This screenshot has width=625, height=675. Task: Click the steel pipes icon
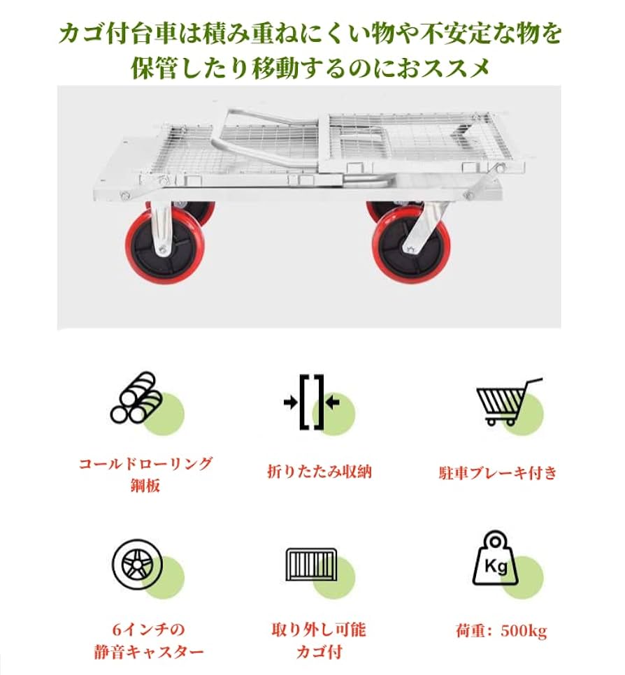[137, 400]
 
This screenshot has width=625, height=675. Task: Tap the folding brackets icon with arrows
[312, 402]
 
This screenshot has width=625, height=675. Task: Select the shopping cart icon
[507, 402]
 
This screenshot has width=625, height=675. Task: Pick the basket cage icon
[311, 563]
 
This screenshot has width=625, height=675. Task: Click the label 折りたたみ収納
[319, 472]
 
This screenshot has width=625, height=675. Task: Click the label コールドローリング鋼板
[145, 474]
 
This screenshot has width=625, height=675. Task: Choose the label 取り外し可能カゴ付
[319, 641]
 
